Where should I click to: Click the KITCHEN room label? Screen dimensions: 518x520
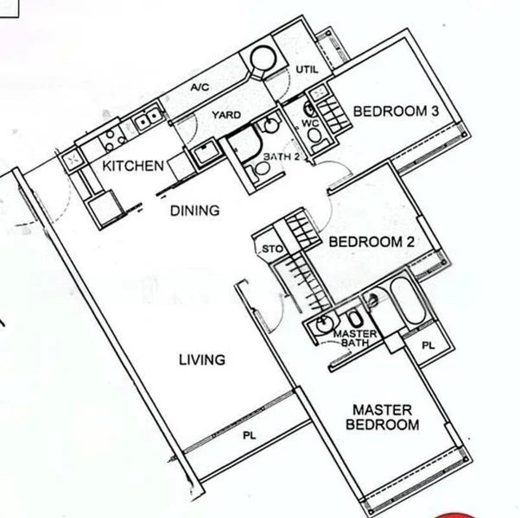click(x=133, y=166)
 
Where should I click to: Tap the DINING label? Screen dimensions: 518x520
click(x=193, y=210)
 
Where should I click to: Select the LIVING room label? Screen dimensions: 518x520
click(x=202, y=360)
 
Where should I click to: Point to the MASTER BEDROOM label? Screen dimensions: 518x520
click(x=382, y=417)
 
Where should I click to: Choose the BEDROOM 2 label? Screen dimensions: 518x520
click(x=371, y=243)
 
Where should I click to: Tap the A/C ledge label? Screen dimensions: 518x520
click(x=200, y=88)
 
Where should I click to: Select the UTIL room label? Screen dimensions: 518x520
click(x=307, y=68)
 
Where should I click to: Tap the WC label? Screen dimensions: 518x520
click(x=310, y=124)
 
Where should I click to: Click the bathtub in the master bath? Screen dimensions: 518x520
click(x=403, y=301)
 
